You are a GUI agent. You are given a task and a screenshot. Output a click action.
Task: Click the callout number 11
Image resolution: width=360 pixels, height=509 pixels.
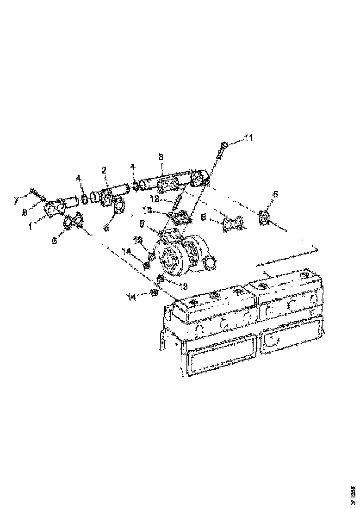[249, 137]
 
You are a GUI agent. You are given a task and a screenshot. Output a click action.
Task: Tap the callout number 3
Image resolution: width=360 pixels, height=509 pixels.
[161, 157]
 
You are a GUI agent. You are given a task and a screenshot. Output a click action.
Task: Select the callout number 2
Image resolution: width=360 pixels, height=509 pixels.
[104, 171]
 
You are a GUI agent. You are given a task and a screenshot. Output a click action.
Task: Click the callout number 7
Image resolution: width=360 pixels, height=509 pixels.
[16, 200]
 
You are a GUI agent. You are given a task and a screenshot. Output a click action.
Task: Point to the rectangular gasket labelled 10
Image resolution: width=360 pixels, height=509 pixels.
[179, 217]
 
